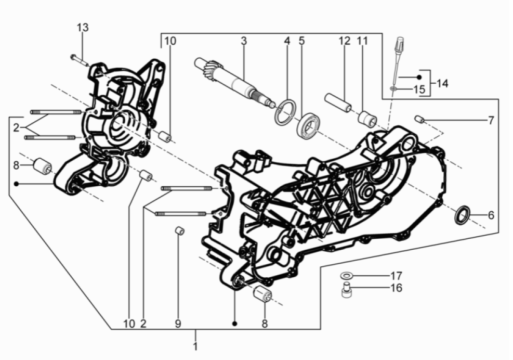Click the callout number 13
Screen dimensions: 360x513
click(x=83, y=28)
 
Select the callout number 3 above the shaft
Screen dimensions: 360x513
click(x=243, y=40)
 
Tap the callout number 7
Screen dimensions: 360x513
click(x=491, y=121)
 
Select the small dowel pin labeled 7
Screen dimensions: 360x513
click(x=420, y=120)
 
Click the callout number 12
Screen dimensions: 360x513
click(x=343, y=40)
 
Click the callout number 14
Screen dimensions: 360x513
click(x=443, y=83)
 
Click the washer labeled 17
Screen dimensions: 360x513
click(x=346, y=275)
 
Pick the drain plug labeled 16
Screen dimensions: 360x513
click(x=346, y=291)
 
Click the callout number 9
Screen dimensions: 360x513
click(x=178, y=324)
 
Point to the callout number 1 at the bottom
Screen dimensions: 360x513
click(x=195, y=346)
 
